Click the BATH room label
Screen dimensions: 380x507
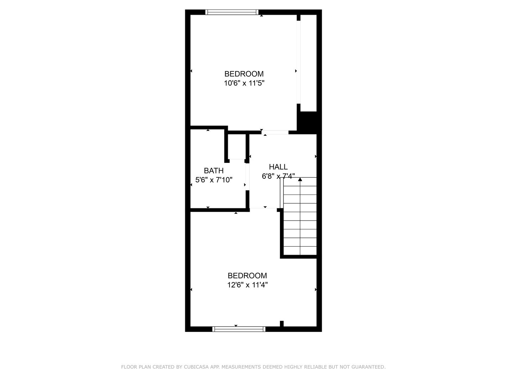[x=214, y=171]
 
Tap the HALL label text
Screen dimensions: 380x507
[x=278, y=167]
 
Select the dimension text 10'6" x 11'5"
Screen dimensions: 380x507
[x=244, y=83]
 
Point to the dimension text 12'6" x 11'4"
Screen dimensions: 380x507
[x=248, y=285]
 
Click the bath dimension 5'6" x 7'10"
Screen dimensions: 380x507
[x=214, y=180]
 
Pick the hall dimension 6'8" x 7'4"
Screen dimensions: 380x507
[x=278, y=176]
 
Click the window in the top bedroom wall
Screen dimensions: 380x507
[x=232, y=12]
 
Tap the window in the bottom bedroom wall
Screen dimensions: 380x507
[x=239, y=329]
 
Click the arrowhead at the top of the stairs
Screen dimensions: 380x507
[x=300, y=180]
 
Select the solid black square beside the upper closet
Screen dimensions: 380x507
[x=307, y=122]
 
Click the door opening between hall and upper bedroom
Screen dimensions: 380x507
[x=275, y=133]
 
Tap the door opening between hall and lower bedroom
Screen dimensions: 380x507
[x=263, y=210]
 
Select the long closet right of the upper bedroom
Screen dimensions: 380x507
[x=309, y=63]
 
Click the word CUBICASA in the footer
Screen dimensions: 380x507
[x=195, y=367]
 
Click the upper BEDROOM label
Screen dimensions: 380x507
[x=244, y=74]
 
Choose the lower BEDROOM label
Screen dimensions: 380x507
[x=248, y=275]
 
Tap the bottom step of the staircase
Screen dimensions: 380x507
[x=300, y=251]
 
